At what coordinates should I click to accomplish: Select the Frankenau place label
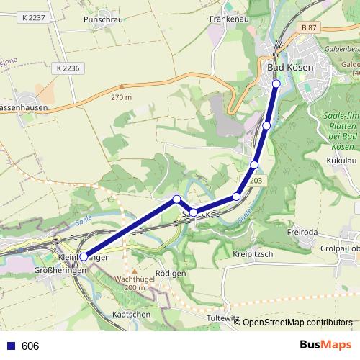pos(228,19)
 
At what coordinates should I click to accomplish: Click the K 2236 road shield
pos(68,67)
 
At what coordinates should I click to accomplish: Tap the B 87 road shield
pos(309,27)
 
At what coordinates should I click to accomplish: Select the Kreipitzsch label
pos(252,256)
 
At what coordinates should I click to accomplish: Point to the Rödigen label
pos(171,274)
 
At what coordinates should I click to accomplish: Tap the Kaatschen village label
pos(132,315)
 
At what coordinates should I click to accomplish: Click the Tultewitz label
pos(222,318)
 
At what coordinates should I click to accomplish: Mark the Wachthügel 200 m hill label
pos(135,283)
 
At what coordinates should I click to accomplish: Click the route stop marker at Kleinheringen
pos(84,256)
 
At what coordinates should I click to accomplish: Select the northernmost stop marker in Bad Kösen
pos(276,84)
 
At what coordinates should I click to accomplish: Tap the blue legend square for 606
pos(11,346)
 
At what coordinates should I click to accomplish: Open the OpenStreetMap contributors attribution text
pos(297,323)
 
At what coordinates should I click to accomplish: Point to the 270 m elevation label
pos(122,97)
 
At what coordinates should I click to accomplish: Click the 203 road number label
pos(256,181)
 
